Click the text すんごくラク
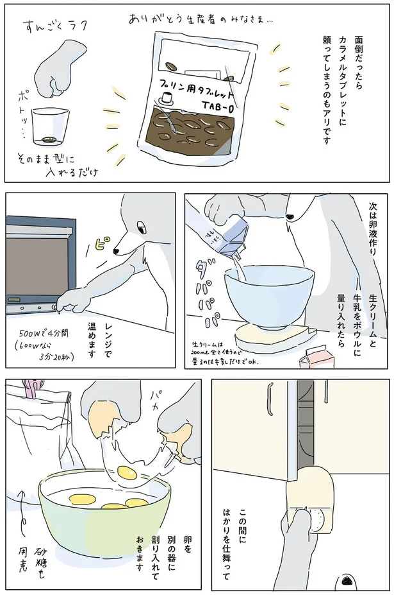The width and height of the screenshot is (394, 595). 56,27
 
